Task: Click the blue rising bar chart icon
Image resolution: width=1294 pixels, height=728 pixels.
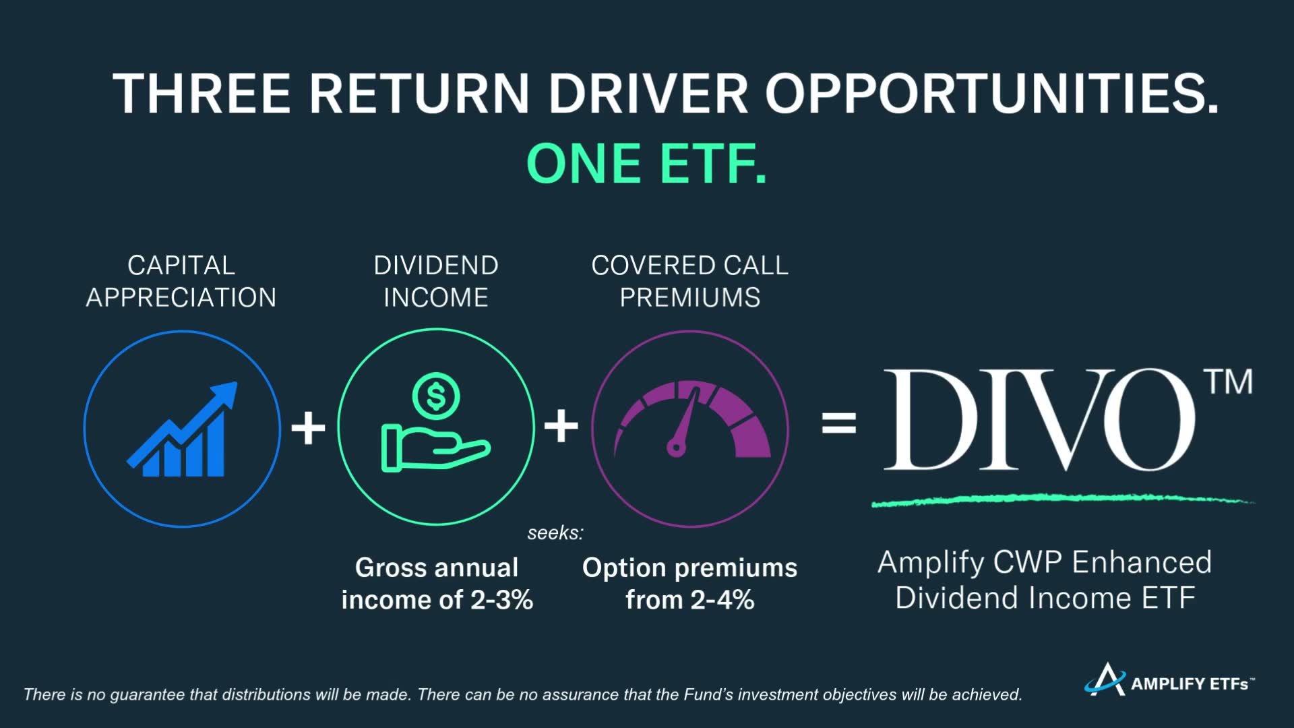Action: tap(183, 429)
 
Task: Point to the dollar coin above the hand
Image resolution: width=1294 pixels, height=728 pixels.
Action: tap(436, 396)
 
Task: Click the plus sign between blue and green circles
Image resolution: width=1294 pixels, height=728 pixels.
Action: tap(308, 427)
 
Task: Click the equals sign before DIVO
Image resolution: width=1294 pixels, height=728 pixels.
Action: tap(839, 424)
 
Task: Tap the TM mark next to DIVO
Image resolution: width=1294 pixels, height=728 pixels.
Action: tap(1229, 382)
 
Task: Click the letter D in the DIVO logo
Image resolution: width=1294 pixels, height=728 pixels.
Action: tap(931, 419)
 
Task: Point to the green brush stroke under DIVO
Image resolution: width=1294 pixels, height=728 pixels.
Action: tap(1063, 499)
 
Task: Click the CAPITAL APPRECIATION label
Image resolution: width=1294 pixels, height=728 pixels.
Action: tap(181, 281)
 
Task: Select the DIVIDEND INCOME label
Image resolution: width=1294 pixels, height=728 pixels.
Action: tap(436, 281)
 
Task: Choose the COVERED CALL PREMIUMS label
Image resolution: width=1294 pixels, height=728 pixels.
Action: tap(690, 281)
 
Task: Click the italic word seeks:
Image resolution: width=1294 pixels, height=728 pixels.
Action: tap(555, 533)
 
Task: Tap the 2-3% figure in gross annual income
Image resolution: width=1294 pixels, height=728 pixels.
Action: tap(501, 600)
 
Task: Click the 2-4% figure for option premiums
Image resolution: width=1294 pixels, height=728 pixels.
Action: tap(722, 600)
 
